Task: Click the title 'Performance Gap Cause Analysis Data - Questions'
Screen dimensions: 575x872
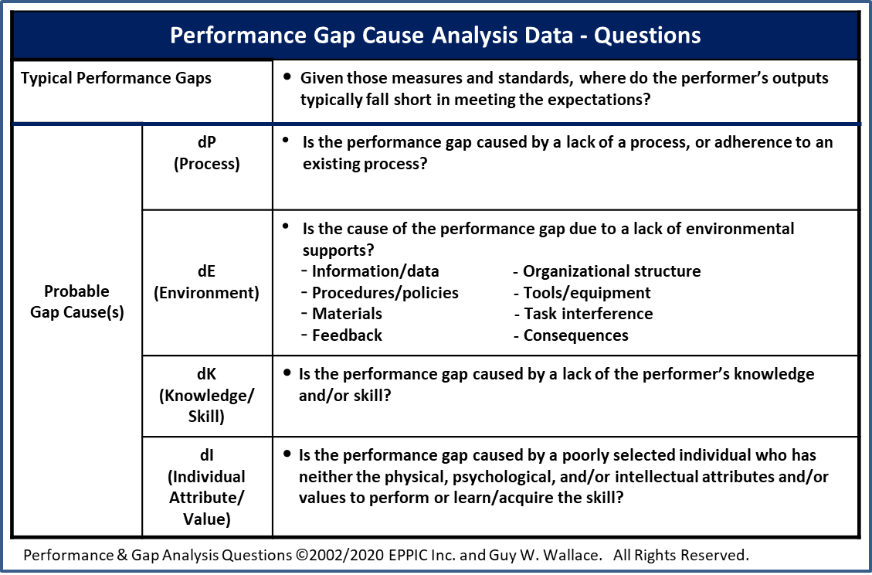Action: (x=435, y=36)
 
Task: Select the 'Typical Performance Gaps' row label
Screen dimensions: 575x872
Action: (x=116, y=79)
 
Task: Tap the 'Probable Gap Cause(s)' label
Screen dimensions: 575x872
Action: (x=76, y=301)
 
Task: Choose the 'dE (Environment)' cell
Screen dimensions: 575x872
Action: (x=206, y=282)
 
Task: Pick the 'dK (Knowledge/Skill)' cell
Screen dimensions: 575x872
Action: (x=206, y=396)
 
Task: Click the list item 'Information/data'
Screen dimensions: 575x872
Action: (x=375, y=271)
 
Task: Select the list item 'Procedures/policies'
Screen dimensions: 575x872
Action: (x=385, y=293)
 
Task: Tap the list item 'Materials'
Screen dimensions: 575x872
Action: (x=347, y=314)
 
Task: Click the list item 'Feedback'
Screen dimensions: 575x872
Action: (x=347, y=335)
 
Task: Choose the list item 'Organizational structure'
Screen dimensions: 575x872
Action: (x=612, y=271)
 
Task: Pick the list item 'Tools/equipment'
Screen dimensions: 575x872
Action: (x=587, y=293)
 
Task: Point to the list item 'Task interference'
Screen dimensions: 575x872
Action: (x=588, y=314)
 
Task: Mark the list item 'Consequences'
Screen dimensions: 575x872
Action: (x=575, y=335)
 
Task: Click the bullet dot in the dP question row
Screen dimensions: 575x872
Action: (x=287, y=141)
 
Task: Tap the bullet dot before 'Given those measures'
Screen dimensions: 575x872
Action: (x=287, y=77)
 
